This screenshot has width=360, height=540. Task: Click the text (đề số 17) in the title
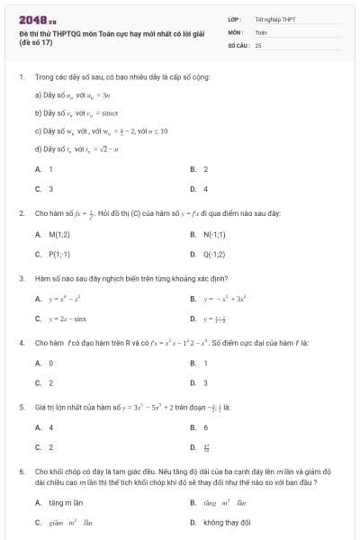click(x=36, y=42)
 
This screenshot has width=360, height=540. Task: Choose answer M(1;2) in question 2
click(x=58, y=235)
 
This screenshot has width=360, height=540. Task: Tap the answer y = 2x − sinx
click(x=68, y=318)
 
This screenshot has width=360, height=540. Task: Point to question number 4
click(x=21, y=342)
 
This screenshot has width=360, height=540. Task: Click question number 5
click(x=21, y=407)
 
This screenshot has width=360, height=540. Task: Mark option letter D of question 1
click(x=193, y=188)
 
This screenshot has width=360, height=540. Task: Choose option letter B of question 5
click(x=193, y=427)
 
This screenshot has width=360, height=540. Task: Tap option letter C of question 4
click(x=38, y=382)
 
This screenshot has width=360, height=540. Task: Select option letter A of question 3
click(x=38, y=299)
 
